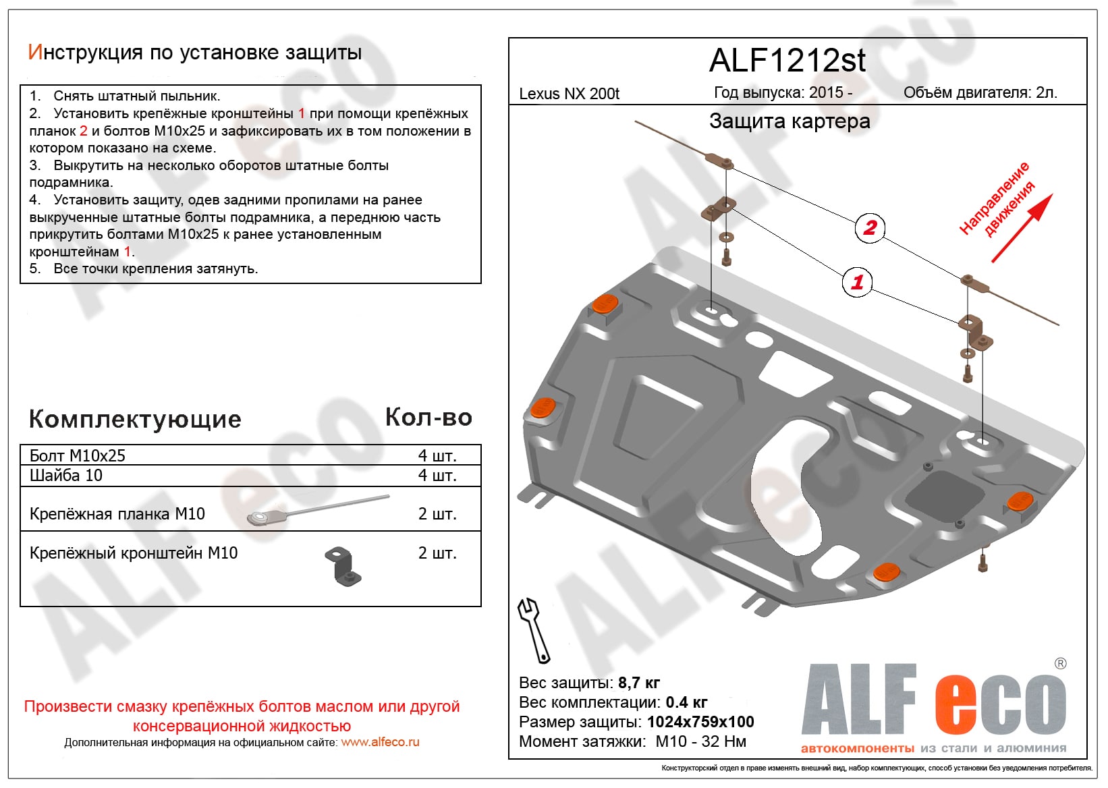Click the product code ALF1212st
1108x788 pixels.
click(787, 61)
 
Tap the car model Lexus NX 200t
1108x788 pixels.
click(569, 94)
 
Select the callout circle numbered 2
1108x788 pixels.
click(869, 227)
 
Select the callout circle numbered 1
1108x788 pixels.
click(857, 281)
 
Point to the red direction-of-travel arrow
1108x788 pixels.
click(1020, 229)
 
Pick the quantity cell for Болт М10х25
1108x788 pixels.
click(437, 455)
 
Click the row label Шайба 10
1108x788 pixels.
click(66, 476)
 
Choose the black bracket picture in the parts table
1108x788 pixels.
click(344, 565)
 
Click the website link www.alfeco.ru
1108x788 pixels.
click(380, 742)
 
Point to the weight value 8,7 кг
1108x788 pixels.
click(638, 683)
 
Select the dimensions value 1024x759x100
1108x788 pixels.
click(700, 722)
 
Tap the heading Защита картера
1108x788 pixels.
click(790, 121)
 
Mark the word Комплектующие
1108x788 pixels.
click(135, 419)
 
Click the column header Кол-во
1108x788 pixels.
click(428, 418)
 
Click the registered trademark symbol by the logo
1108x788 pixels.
click(1060, 664)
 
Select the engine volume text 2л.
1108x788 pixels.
click(1047, 93)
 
